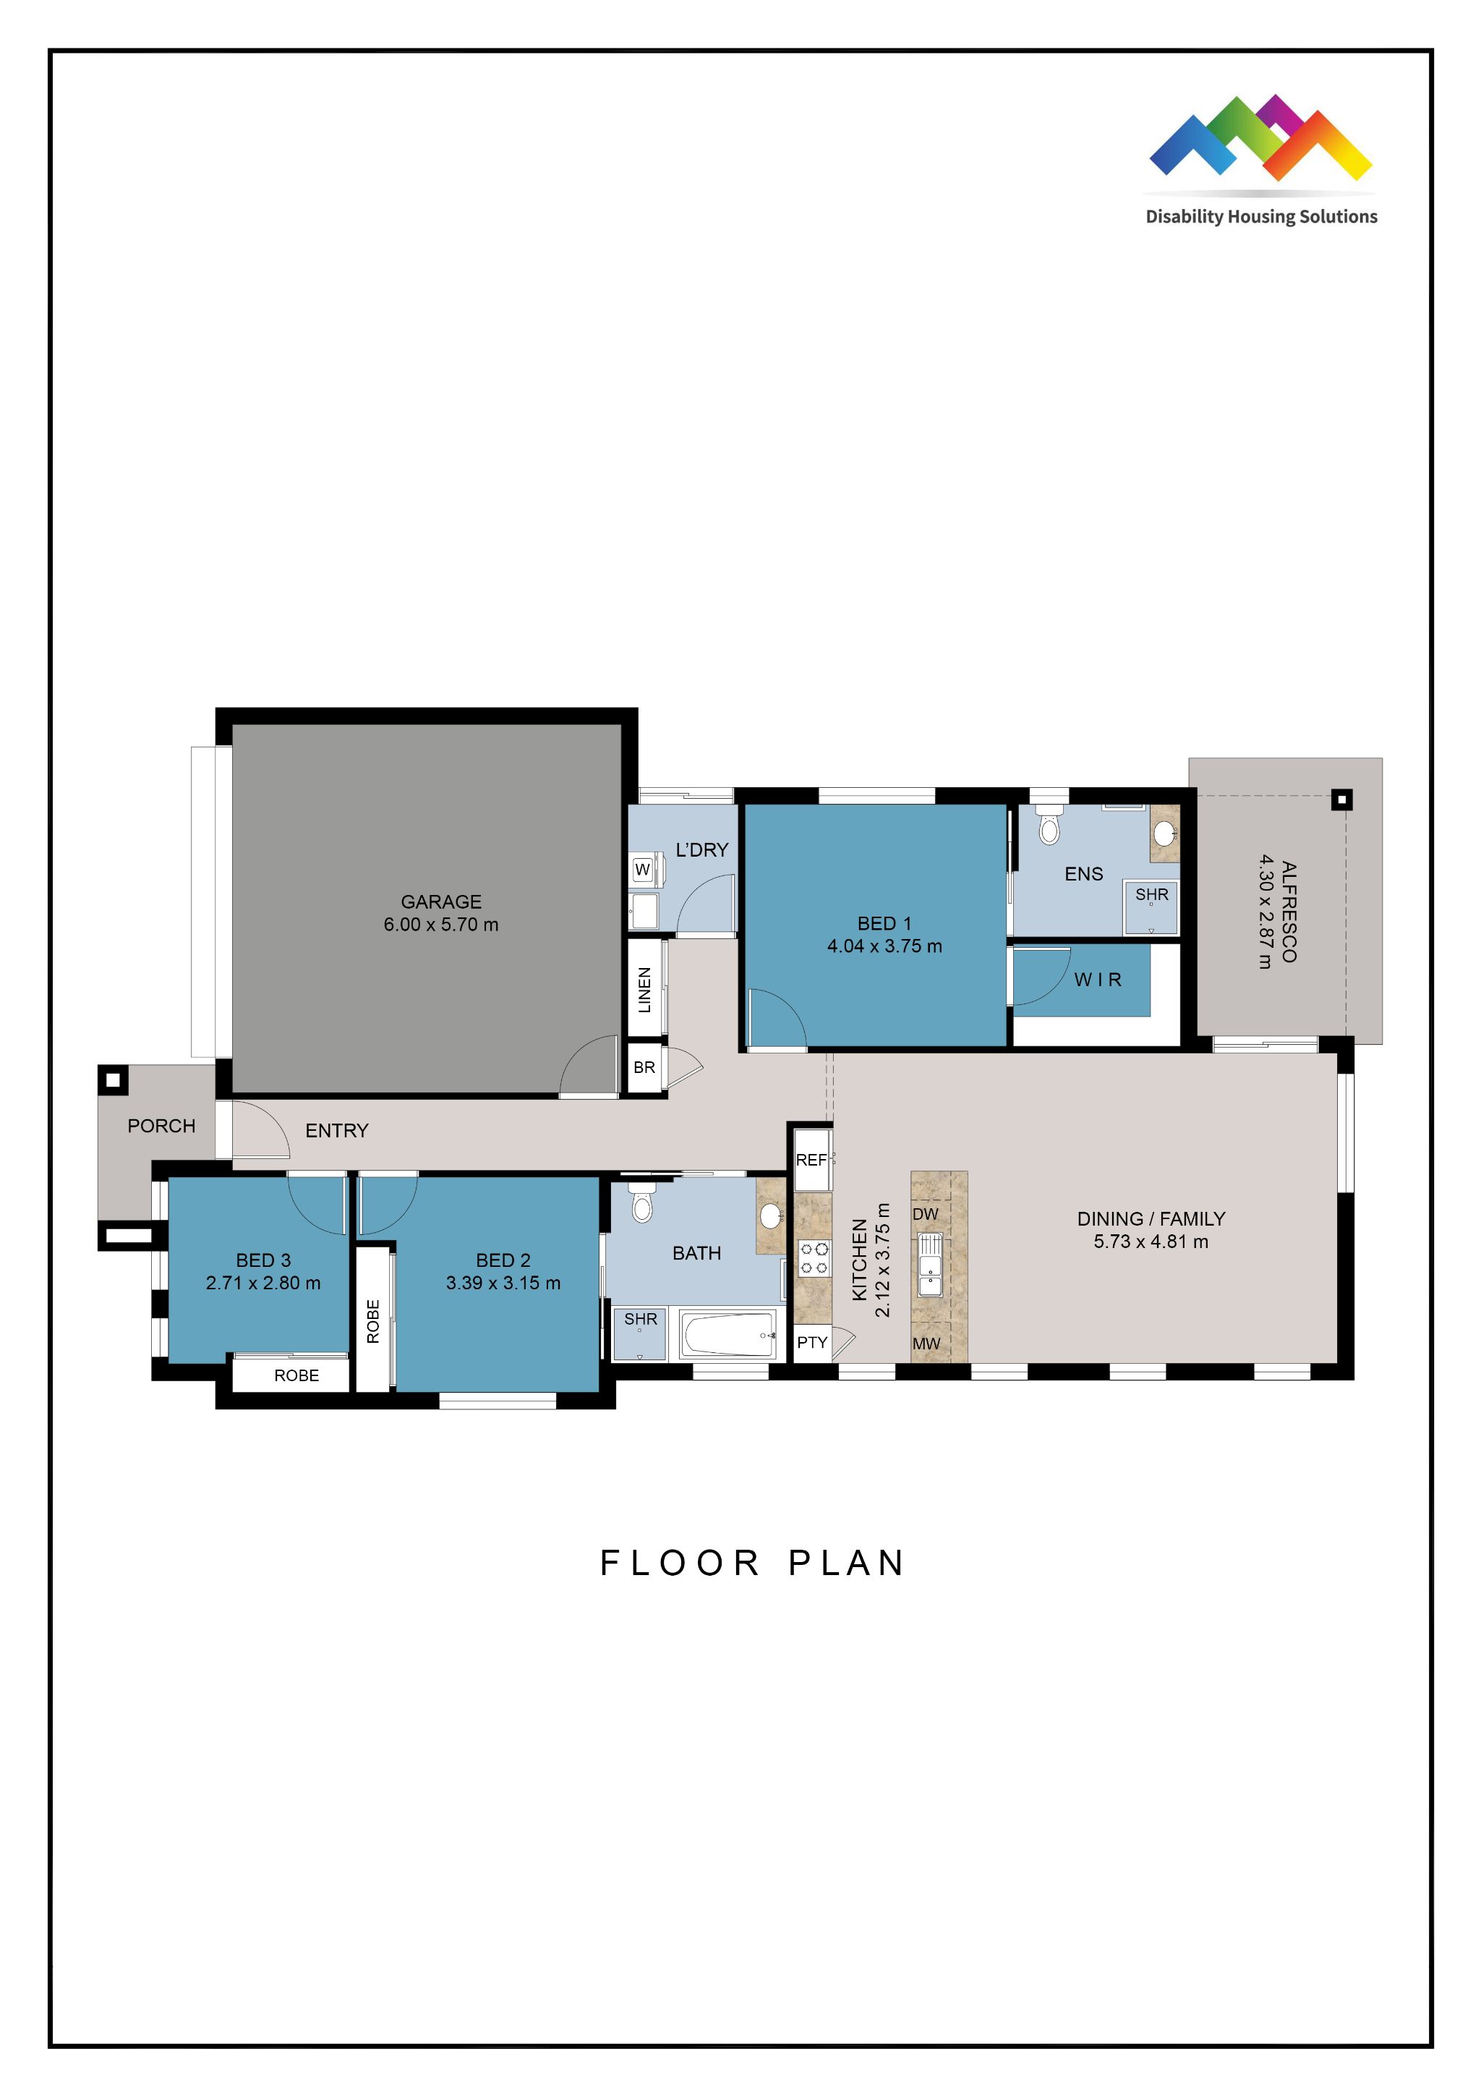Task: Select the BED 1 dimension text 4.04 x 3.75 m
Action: click(x=884, y=946)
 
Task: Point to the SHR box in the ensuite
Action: click(x=1151, y=906)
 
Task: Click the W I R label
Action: click(x=1097, y=980)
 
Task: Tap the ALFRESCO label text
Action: click(x=1289, y=911)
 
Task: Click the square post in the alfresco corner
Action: click(x=1341, y=799)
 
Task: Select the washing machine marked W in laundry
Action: click(x=642, y=869)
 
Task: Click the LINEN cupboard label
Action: click(x=644, y=990)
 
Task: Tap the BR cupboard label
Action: click(x=644, y=1067)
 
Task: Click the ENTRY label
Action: click(x=337, y=1130)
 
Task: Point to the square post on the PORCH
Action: click(x=112, y=1080)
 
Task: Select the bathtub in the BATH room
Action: click(x=727, y=1335)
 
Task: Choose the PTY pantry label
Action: click(x=811, y=1342)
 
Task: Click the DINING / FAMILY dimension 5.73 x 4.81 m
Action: click(x=1151, y=1242)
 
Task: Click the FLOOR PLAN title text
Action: click(x=752, y=1563)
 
